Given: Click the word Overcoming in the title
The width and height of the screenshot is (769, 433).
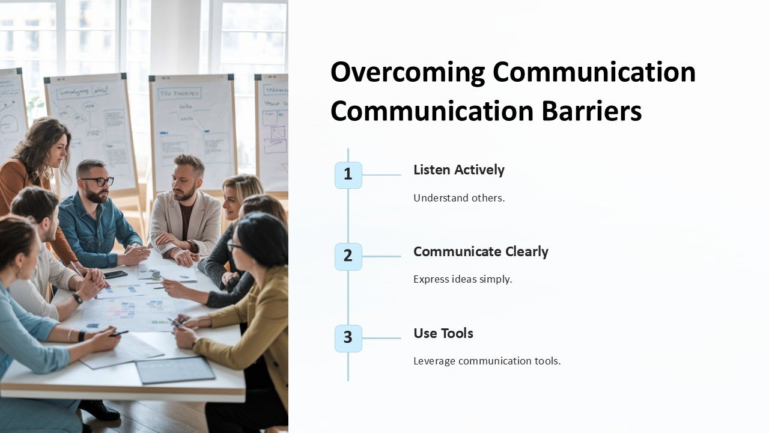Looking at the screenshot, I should (x=408, y=73).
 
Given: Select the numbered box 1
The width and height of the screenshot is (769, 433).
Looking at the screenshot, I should (x=348, y=175).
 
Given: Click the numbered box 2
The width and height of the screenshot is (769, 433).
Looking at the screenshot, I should (x=348, y=256).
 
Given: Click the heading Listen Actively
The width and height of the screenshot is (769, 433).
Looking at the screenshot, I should (x=458, y=170).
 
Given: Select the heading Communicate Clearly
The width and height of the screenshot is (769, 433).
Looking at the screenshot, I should (x=481, y=252).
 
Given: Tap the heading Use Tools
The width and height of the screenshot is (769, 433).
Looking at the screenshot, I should (x=443, y=334).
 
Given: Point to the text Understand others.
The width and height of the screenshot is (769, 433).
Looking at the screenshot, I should (x=458, y=198).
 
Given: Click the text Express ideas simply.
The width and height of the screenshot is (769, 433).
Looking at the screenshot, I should (x=462, y=280).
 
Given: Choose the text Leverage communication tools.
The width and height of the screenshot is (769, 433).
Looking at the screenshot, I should (x=487, y=361).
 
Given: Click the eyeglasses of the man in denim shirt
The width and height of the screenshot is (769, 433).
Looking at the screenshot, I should (x=97, y=181).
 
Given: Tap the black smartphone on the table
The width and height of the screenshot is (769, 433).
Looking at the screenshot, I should (x=115, y=274).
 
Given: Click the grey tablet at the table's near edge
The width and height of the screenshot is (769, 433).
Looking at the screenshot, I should (x=175, y=370).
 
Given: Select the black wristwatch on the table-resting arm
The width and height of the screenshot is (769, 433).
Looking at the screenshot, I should (x=77, y=298).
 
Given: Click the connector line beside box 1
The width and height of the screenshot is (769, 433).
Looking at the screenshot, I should (x=381, y=175).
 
